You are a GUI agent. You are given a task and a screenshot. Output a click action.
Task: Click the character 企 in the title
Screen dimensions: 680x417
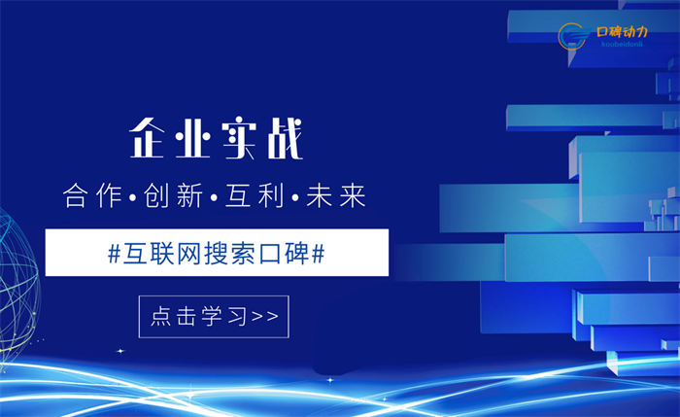(x=148, y=138)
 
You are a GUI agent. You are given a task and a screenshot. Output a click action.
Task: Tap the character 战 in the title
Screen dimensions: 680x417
(x=285, y=139)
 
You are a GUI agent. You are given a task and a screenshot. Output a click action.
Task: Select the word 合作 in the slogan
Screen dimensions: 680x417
(x=93, y=195)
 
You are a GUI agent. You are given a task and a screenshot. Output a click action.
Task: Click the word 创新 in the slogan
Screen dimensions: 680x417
(x=174, y=195)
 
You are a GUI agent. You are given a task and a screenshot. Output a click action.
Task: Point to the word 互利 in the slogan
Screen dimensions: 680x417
(x=255, y=195)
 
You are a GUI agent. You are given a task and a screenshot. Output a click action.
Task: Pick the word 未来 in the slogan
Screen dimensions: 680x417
(x=336, y=195)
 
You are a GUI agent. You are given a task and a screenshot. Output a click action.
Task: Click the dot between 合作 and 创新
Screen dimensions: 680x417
(x=133, y=198)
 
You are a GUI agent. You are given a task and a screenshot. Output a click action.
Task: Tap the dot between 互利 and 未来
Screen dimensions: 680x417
(x=295, y=198)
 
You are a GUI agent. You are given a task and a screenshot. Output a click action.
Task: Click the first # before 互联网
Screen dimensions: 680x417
(x=114, y=254)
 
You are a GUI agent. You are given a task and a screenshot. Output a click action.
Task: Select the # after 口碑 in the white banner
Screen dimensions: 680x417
(x=318, y=254)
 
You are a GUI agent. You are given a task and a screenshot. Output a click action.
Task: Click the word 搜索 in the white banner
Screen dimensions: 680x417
(x=230, y=253)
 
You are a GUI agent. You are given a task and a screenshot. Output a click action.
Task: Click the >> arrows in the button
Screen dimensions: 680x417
(x=265, y=316)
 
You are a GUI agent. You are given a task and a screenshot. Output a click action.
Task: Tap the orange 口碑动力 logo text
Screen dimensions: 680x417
(x=622, y=32)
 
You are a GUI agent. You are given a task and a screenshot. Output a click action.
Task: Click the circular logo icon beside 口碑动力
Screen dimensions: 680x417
(x=573, y=36)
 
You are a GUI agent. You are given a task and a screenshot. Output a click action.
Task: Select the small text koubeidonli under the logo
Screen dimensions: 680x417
(x=622, y=45)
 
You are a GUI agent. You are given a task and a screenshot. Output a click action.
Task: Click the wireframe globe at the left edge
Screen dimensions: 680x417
(x=18, y=287)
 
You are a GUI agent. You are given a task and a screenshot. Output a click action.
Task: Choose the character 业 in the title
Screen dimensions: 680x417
(x=193, y=139)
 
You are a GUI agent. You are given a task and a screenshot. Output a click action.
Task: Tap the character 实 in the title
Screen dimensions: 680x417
(x=239, y=139)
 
